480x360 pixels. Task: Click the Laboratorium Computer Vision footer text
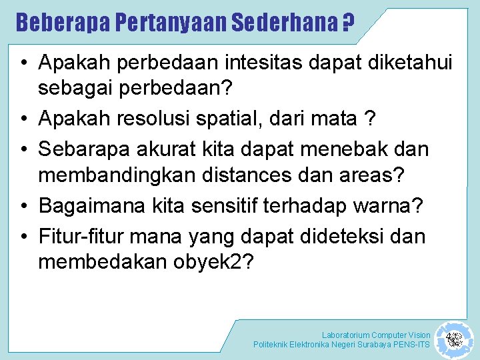[376, 335]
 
